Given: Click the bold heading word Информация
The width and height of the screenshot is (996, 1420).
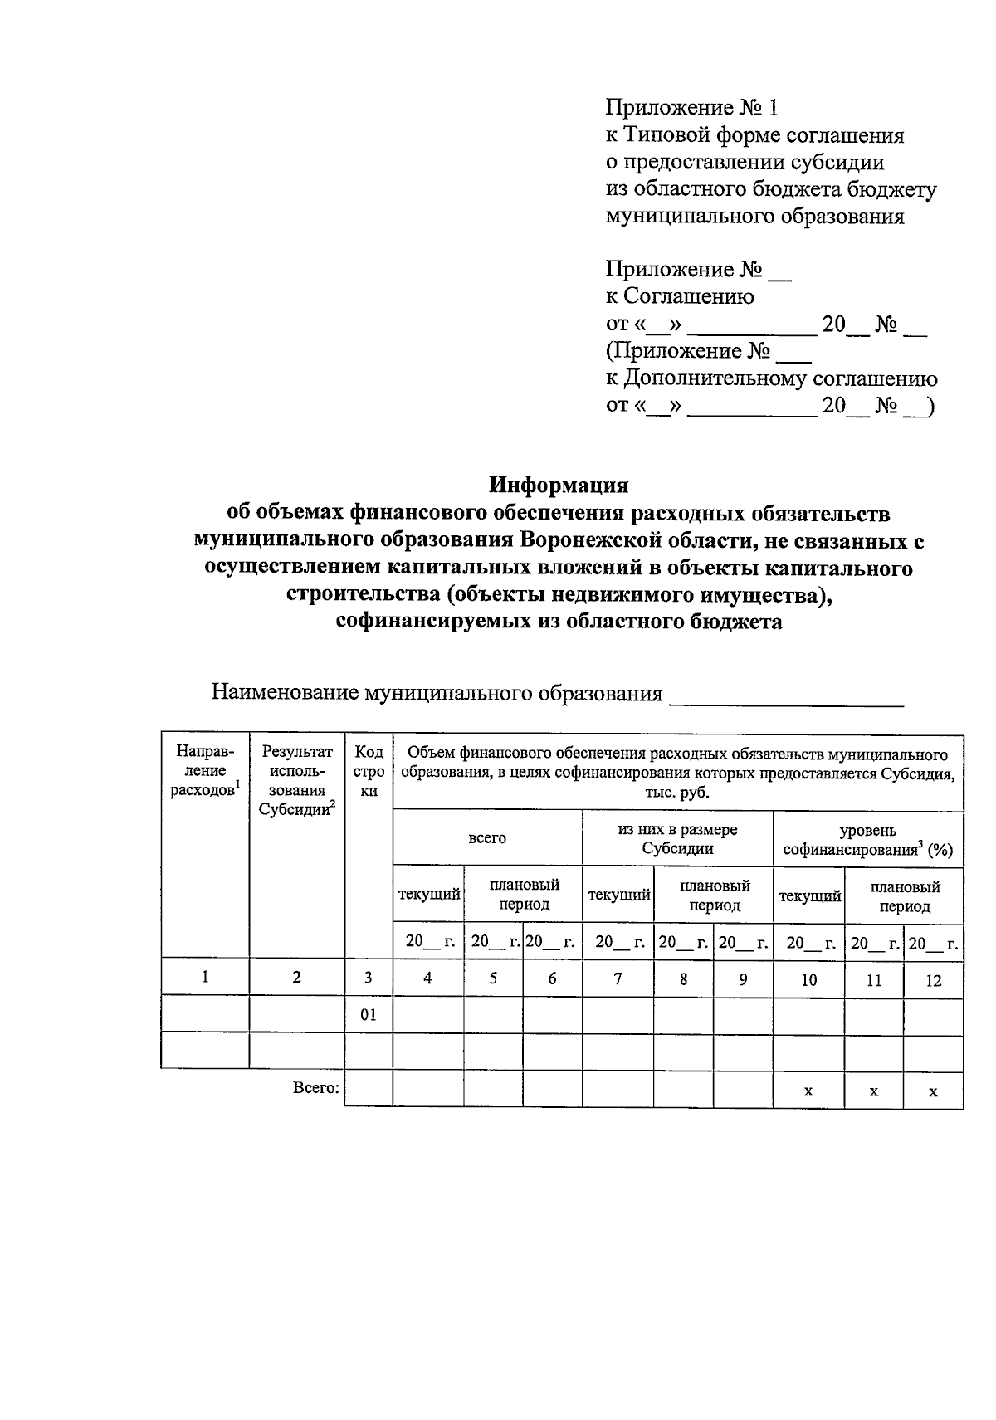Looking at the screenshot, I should (558, 485).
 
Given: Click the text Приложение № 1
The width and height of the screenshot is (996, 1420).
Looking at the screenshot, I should (693, 108).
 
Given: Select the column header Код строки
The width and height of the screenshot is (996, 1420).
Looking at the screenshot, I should (369, 772).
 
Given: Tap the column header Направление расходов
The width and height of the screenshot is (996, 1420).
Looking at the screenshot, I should (205, 772).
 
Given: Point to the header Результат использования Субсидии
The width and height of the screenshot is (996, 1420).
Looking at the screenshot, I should (297, 781).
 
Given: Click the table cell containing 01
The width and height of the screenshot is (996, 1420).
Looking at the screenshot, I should (369, 1014).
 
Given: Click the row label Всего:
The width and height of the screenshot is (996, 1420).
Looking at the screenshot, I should (316, 1087).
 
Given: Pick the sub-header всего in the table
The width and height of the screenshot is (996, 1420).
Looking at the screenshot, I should (487, 838).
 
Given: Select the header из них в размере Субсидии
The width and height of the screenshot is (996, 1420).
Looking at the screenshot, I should (677, 839).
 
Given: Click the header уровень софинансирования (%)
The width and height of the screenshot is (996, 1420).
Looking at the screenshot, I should (868, 840).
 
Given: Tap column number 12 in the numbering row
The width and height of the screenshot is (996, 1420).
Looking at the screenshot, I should (933, 980).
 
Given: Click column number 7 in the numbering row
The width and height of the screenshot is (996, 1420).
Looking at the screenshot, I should (618, 979).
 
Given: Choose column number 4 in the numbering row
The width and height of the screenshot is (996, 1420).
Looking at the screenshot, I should (427, 979).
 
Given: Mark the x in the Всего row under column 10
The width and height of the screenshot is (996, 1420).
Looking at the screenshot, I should (808, 1091).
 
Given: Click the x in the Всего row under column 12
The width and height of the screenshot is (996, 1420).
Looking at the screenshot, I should (933, 1091).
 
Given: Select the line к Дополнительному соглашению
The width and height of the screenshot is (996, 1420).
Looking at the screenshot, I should (771, 379).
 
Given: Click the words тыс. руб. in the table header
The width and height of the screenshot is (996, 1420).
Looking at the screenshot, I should (677, 793).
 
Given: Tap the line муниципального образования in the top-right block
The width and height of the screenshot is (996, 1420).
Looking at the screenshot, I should (754, 217).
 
